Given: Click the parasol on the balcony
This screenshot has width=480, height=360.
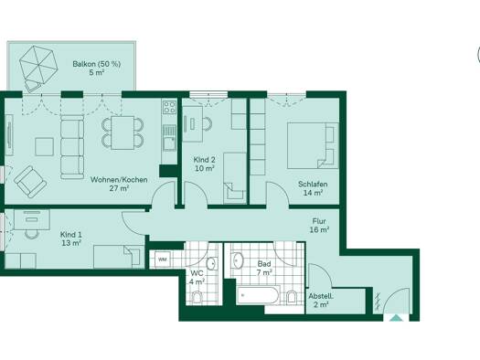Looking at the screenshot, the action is [38, 65].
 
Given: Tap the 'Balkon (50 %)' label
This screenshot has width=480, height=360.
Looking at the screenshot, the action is [96, 64].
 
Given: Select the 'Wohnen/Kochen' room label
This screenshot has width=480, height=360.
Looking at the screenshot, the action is [119, 179].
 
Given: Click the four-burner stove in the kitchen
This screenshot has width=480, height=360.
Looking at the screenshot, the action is [169, 107].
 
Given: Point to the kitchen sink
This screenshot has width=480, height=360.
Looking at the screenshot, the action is [169, 143].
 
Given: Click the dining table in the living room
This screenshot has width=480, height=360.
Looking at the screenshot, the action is [123, 132].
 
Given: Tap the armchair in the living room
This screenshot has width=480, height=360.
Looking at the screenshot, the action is [30, 182].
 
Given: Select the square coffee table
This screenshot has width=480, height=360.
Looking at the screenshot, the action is [45, 147].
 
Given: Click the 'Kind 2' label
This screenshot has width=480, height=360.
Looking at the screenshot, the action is [204, 160].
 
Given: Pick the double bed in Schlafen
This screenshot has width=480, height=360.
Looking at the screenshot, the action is [313, 145].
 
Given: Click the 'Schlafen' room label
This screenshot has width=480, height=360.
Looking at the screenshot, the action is [313, 185].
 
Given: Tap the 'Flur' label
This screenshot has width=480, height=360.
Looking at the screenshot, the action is [319, 221].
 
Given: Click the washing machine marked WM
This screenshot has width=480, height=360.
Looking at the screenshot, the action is [163, 259].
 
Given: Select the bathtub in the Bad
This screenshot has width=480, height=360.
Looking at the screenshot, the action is [258, 295].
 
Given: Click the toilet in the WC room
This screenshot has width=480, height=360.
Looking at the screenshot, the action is [197, 297].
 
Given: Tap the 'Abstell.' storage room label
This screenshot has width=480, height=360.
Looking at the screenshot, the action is [321, 296].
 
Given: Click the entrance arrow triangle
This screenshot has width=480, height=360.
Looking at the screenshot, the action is [397, 318].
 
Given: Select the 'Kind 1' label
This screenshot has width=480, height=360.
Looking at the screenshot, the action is [71, 235].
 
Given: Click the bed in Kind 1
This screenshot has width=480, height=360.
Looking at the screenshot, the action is [119, 257].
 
